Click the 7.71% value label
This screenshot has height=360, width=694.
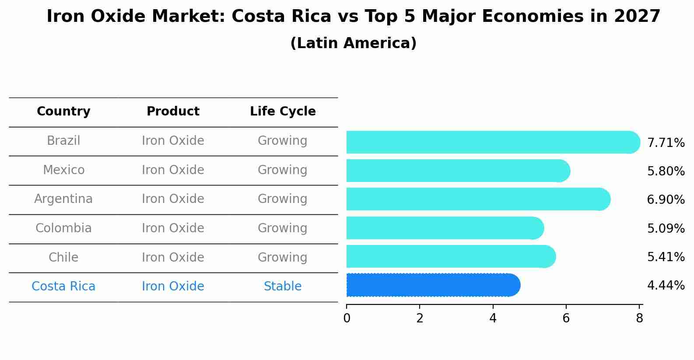pyautogui.click(x=666, y=143)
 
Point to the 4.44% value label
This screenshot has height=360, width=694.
pyautogui.click(x=666, y=286)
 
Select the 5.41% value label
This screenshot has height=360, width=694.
pyautogui.click(x=666, y=257)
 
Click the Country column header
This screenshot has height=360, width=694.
pyautogui.click(x=63, y=112)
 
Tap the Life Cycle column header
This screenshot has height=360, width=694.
pyautogui.click(x=283, y=112)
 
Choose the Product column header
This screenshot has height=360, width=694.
pyautogui.click(x=173, y=112)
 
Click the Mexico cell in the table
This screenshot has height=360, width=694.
pyautogui.click(x=63, y=170)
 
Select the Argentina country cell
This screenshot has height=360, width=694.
pyautogui.click(x=63, y=199)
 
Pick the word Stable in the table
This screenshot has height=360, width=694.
pyautogui.click(x=283, y=287)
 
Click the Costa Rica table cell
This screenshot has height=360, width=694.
pyautogui.click(x=63, y=287)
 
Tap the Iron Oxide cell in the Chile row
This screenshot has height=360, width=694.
pyautogui.click(x=173, y=257)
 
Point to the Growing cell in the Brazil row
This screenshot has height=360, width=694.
pyautogui.click(x=283, y=141)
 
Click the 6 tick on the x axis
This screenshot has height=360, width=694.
pyautogui.click(x=566, y=318)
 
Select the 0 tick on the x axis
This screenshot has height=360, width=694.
pyautogui.click(x=347, y=318)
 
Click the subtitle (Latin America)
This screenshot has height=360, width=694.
pyautogui.click(x=353, y=43)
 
